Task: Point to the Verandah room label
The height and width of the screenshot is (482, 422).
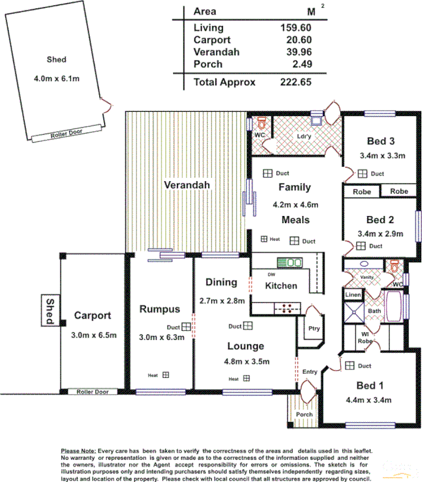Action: (x=187, y=185)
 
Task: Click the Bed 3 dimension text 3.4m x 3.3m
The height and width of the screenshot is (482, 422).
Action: (x=382, y=156)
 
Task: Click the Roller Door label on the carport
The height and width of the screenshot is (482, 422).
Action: (x=92, y=391)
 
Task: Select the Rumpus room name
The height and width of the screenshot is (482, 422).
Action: (x=159, y=309)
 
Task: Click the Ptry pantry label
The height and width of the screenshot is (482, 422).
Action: (x=314, y=329)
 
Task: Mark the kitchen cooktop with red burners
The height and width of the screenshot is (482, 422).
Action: (x=287, y=308)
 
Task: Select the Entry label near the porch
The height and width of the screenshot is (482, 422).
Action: (x=310, y=372)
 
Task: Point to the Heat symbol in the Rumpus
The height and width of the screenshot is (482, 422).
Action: (x=165, y=375)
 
